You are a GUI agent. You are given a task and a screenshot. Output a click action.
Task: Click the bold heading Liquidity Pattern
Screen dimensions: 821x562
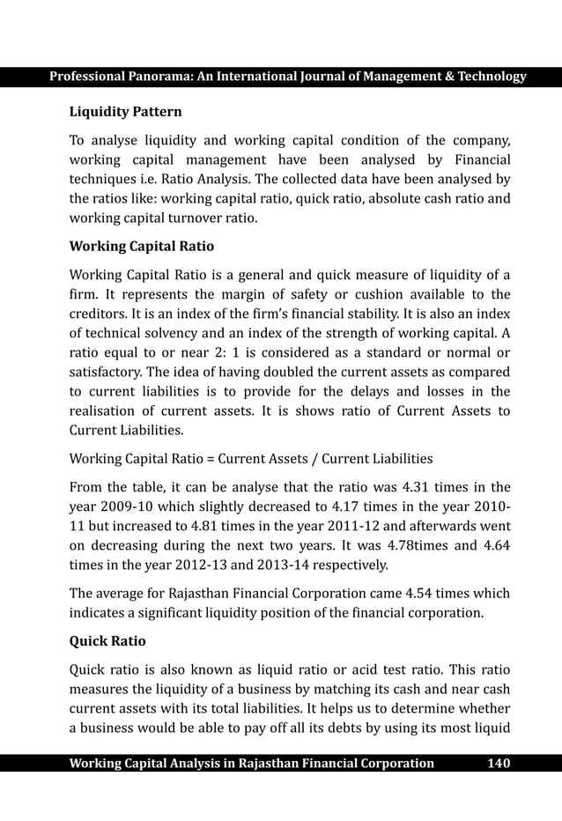coord(126,112)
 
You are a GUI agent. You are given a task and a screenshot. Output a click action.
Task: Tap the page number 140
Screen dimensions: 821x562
coord(499,763)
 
